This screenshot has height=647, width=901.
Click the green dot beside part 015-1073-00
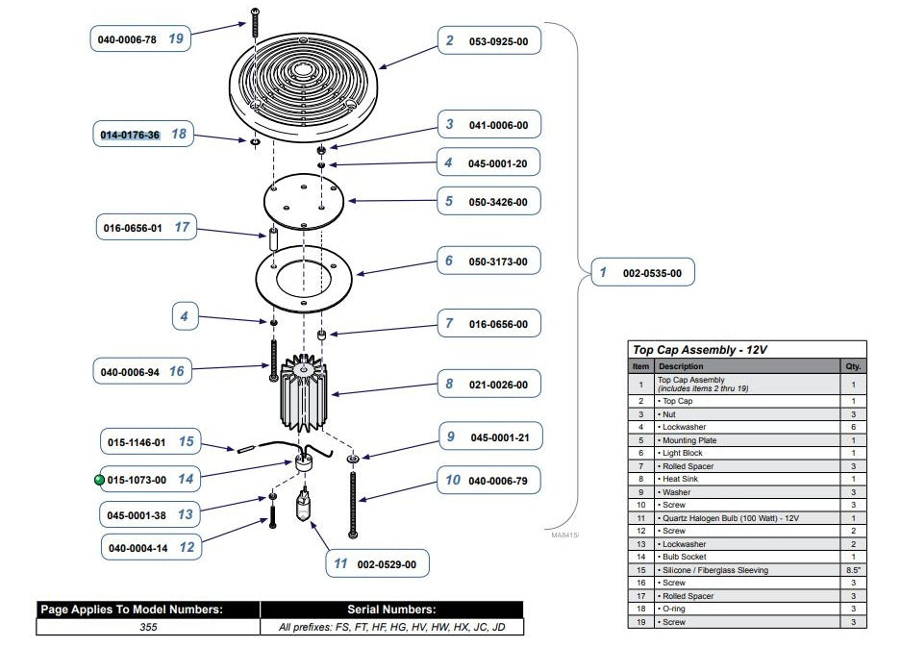[x=99, y=479]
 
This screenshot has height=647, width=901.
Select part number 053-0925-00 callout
[x=489, y=40]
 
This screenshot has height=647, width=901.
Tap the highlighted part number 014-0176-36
[x=130, y=135]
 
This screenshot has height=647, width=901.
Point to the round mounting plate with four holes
[x=304, y=201]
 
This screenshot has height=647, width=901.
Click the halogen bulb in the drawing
[x=304, y=503]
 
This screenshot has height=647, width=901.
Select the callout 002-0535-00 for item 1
[x=643, y=272]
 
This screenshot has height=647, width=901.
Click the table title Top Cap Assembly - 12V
[x=699, y=350]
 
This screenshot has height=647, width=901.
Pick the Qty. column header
[x=853, y=366]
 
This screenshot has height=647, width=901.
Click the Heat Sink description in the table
[x=680, y=479]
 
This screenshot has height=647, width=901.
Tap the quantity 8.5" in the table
[x=853, y=570]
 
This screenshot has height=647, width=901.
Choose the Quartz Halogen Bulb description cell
[x=729, y=518]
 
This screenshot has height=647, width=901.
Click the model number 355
[x=148, y=627]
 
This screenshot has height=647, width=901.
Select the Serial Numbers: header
[x=391, y=610]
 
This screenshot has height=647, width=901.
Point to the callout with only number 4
[x=185, y=316]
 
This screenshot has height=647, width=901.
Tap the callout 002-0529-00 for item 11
[x=378, y=563]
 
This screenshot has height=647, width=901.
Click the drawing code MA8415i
[x=564, y=535]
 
